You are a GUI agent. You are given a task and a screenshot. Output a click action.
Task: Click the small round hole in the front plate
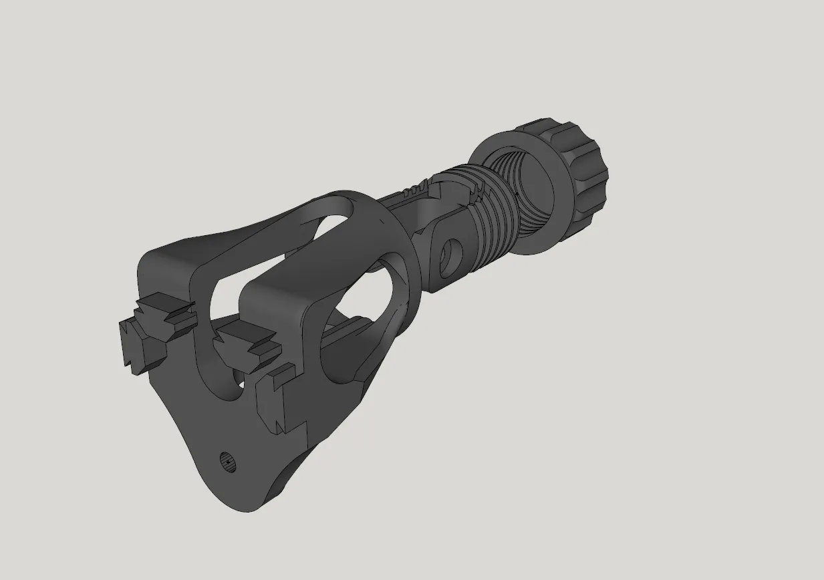tap(229, 461)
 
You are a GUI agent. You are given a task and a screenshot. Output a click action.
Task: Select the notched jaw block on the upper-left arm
tap(167, 314)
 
